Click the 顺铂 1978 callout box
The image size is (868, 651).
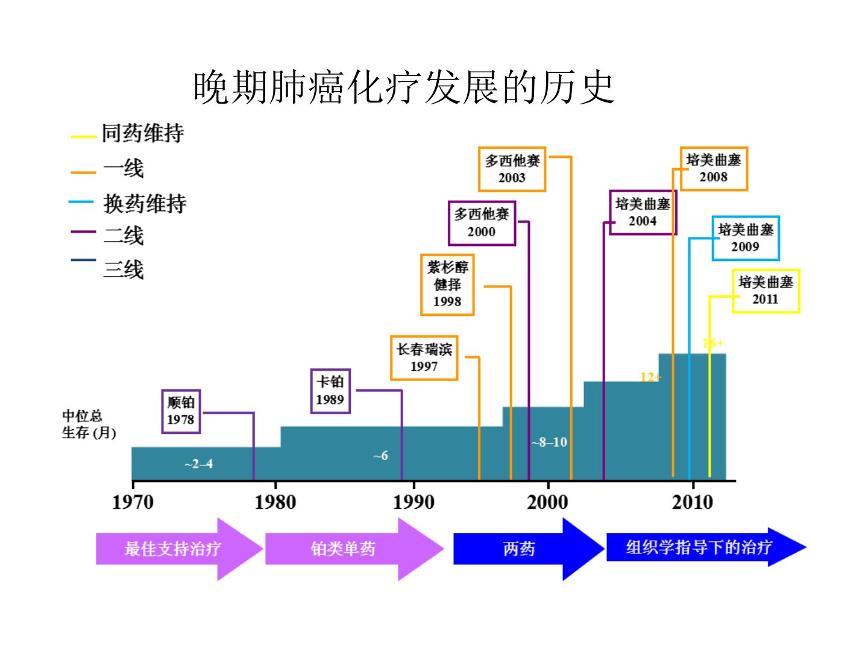(181, 412)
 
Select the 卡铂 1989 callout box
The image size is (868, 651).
(330, 391)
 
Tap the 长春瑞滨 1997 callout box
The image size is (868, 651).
(424, 358)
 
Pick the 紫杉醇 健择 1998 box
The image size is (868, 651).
(447, 285)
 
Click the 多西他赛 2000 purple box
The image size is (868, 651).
(482, 223)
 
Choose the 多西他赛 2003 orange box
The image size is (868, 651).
(512, 169)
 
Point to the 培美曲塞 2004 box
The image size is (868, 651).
(643, 213)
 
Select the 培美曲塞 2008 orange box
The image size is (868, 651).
(714, 169)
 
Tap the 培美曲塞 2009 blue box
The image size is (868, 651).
(746, 238)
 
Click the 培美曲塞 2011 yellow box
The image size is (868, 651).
(766, 291)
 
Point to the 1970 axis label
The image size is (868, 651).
(133, 502)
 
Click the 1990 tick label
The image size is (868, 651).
(414, 502)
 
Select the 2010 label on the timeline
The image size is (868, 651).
(692, 502)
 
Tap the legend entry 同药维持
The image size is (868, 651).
(142, 133)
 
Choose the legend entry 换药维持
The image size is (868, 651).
(145, 204)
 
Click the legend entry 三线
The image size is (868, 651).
(124, 269)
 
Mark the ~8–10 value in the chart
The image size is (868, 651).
(549, 442)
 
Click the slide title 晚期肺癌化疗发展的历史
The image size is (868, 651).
(403, 87)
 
